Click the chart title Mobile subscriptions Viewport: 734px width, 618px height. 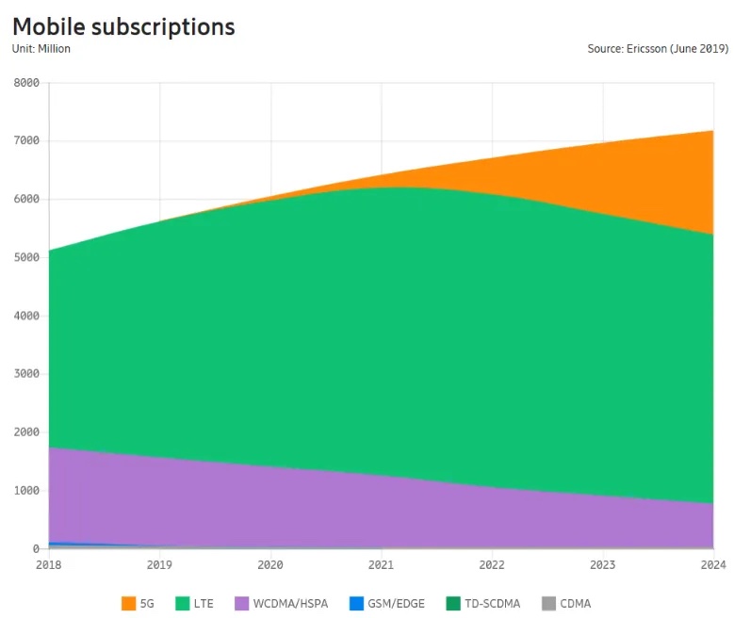click(x=123, y=25)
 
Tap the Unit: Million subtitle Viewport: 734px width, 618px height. click(x=41, y=49)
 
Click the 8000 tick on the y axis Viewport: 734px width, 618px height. click(x=26, y=83)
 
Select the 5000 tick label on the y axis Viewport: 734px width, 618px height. click(x=26, y=257)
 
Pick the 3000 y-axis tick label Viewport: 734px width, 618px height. click(x=26, y=374)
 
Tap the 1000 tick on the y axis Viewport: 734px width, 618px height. click(x=26, y=491)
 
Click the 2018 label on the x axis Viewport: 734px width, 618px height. click(x=49, y=565)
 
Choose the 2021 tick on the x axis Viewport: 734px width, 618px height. click(x=381, y=565)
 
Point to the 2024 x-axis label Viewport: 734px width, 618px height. click(x=712, y=565)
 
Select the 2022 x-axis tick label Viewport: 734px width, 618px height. click(x=491, y=565)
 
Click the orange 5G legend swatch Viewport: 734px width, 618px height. click(x=128, y=603)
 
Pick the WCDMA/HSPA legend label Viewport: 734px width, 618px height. click(x=290, y=603)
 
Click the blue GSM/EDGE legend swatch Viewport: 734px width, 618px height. click(x=356, y=603)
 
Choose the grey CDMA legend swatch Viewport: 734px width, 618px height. click(x=549, y=603)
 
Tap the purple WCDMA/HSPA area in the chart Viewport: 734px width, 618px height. click(x=283, y=499)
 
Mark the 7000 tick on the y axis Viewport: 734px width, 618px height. click(x=26, y=141)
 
